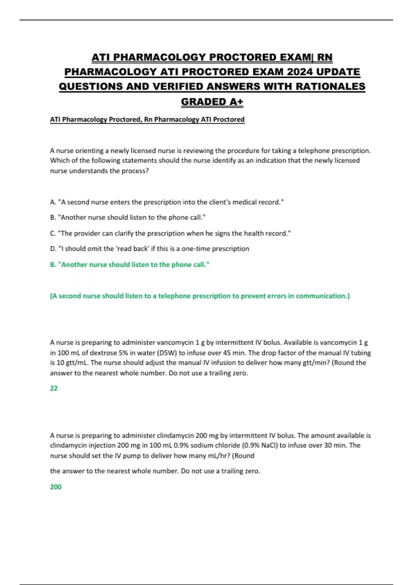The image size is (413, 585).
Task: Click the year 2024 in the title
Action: point(299,72)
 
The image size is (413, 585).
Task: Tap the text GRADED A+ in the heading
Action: point(212,102)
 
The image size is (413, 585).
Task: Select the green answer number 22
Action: point(54,388)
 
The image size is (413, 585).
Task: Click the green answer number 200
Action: point(56,487)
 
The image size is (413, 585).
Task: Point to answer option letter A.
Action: point(53,202)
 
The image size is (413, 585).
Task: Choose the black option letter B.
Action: point(53,217)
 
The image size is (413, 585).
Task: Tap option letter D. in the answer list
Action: point(53,248)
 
